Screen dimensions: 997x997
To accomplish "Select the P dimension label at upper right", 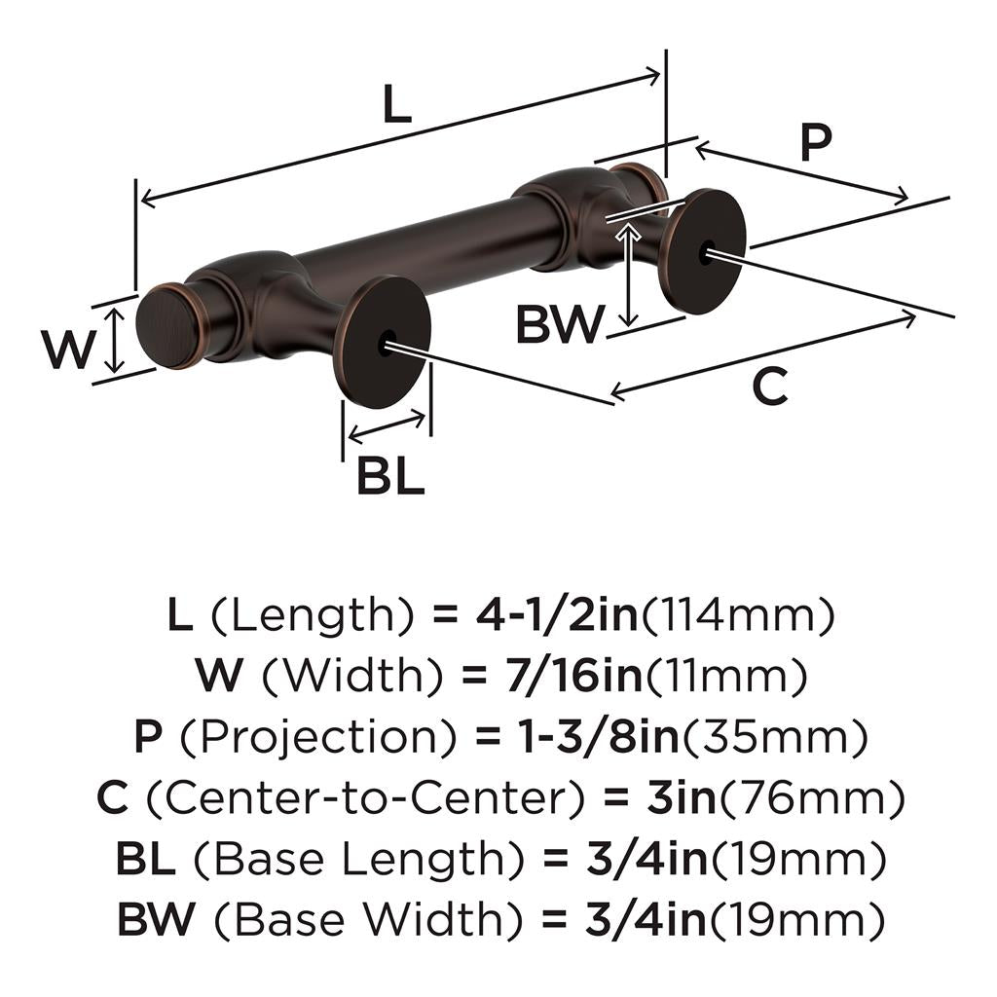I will (x=816, y=142).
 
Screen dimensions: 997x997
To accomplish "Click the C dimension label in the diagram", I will (x=769, y=388).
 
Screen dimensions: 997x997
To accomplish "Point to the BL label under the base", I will (x=390, y=477).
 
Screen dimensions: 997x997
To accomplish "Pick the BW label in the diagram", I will (x=560, y=325).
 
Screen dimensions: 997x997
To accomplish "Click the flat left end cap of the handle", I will (x=161, y=327).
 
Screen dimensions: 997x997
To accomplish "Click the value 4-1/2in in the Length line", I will (x=556, y=615).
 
